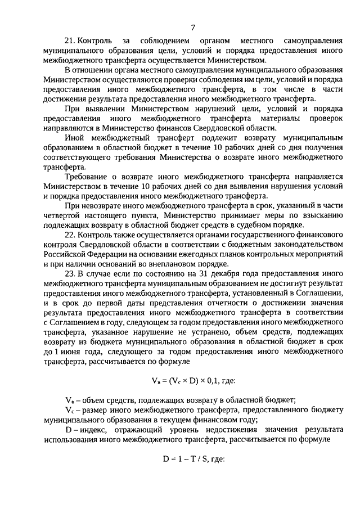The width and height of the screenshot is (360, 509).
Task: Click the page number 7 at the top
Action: tap(192, 27)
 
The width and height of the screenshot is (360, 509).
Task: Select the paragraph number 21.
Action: tap(70, 42)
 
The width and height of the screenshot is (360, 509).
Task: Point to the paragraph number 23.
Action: tap(70, 273)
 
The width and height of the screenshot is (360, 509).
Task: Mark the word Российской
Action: tap(65, 256)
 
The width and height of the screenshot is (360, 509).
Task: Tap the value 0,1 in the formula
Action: tap(210, 380)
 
